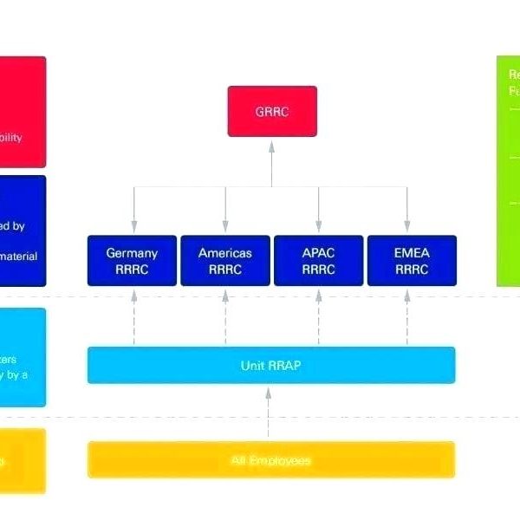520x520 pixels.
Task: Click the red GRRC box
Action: click(272, 111)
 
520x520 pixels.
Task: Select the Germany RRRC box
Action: click(132, 260)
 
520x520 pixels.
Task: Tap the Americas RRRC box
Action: click(225, 260)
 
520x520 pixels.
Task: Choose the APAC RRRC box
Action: click(318, 260)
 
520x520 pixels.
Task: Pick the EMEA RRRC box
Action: click(412, 260)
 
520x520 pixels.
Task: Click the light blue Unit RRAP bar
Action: click(270, 365)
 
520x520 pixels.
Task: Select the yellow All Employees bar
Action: click(270, 459)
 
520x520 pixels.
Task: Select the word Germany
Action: click(132, 253)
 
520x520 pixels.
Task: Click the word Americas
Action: click(225, 253)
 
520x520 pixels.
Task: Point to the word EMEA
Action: click(412, 253)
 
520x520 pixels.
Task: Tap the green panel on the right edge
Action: click(508, 173)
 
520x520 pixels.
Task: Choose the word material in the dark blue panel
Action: click(20, 257)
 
